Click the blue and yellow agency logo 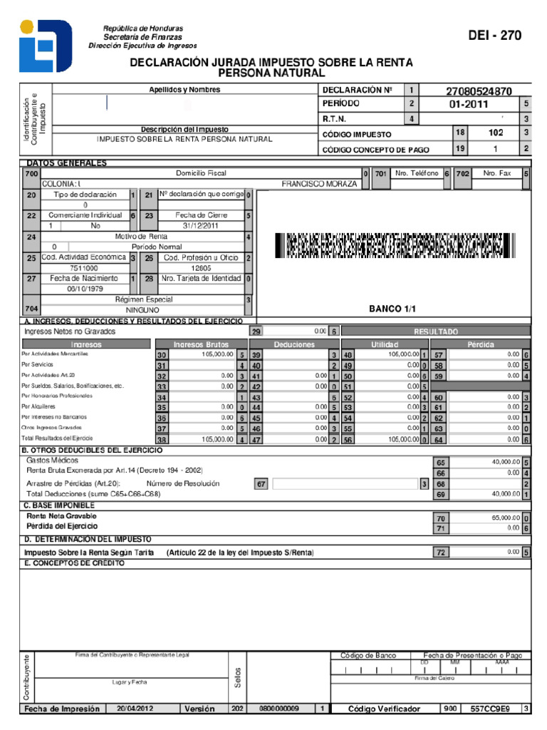(46, 46)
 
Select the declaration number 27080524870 (479, 91)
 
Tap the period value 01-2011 (469, 104)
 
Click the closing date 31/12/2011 (199, 226)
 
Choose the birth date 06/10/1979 (85, 289)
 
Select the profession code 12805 (201, 268)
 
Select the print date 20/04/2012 (135, 709)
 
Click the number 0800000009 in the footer (279, 709)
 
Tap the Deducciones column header (293, 344)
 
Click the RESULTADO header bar (435, 331)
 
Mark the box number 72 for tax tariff (440, 552)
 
